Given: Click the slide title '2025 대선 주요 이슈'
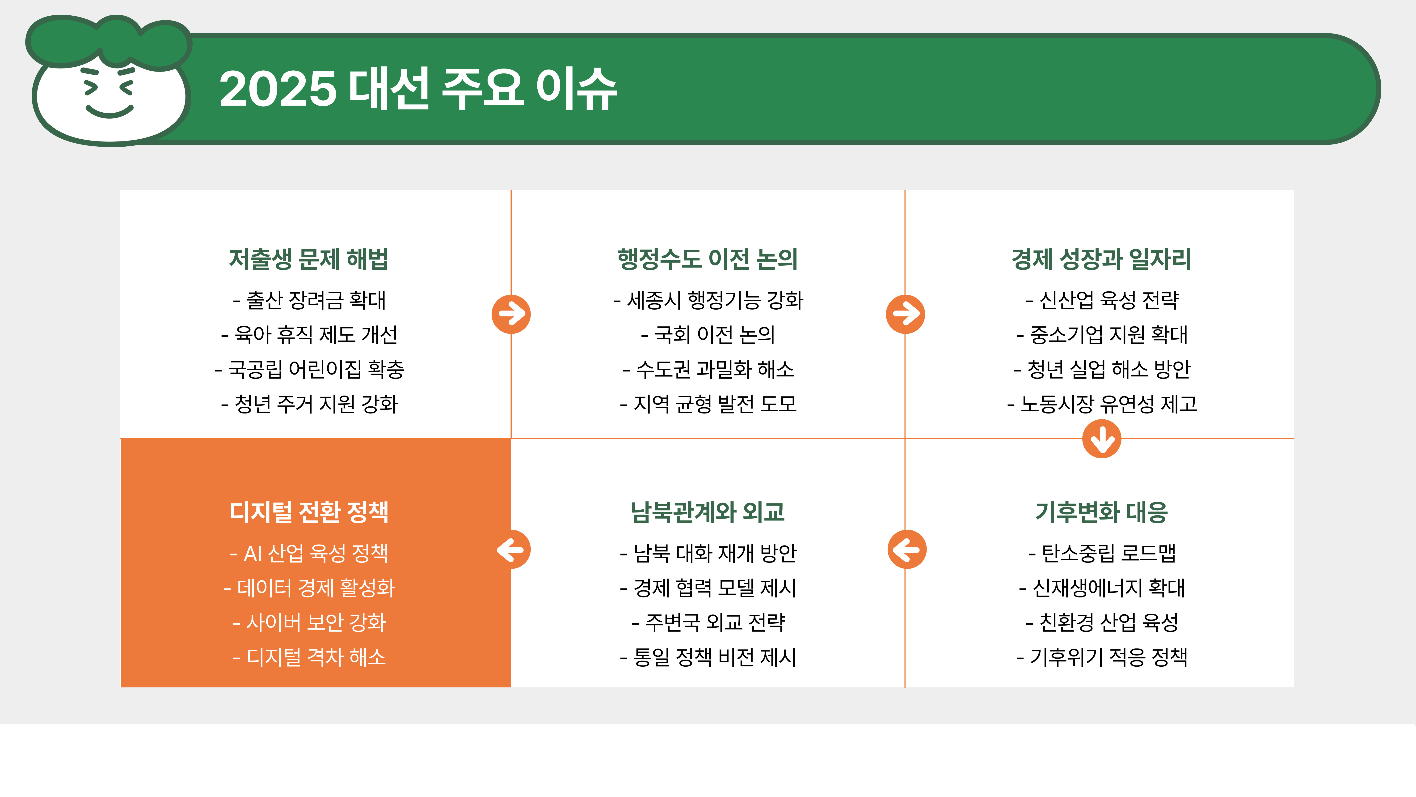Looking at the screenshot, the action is [418, 89].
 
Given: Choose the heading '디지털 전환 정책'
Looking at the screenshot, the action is [309, 512].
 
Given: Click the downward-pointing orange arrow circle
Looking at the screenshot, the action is [1102, 439].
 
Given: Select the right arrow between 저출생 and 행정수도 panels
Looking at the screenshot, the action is [511, 314].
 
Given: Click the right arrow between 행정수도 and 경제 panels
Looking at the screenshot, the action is [905, 314].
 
